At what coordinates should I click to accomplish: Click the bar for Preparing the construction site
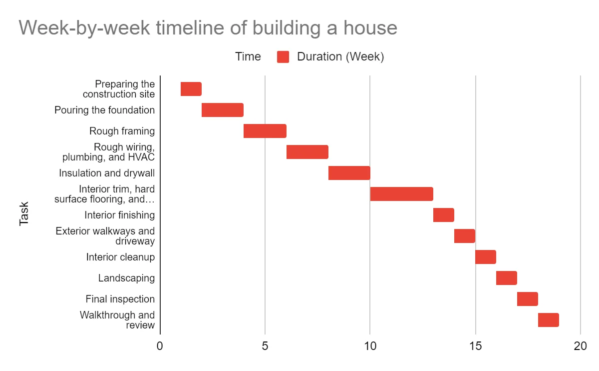tap(191, 89)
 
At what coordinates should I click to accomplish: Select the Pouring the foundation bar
tap(223, 110)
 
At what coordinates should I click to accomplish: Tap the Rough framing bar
tap(265, 131)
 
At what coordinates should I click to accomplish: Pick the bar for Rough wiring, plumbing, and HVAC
tap(307, 152)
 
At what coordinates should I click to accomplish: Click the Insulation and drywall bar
tap(349, 173)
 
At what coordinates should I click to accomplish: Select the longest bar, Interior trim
tap(402, 194)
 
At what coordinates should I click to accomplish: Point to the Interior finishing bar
tap(444, 215)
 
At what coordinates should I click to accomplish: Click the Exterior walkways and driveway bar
tap(465, 236)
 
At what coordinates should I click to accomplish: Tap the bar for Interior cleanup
tap(486, 257)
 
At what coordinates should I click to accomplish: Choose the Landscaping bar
tap(507, 278)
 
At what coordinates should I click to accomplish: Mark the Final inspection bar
tap(528, 299)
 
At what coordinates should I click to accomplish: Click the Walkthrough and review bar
tap(549, 320)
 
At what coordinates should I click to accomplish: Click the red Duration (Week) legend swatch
tap(283, 57)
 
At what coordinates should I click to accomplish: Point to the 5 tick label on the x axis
tap(265, 346)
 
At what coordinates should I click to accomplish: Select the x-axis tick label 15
tap(475, 346)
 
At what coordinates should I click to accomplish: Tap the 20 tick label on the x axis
tap(580, 346)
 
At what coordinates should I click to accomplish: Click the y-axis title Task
tap(24, 214)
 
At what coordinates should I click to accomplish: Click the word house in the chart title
tap(370, 27)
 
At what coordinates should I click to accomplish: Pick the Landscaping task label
tap(126, 278)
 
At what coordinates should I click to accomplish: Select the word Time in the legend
tap(248, 57)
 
